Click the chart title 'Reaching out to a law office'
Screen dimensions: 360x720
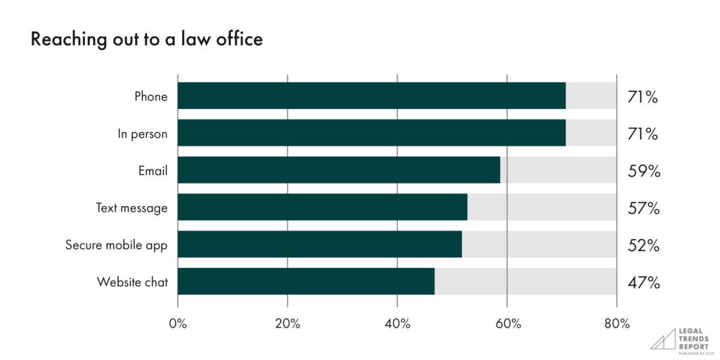(x=146, y=39)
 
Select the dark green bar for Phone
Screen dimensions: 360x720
(x=371, y=96)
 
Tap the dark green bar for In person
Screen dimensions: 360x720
(x=371, y=133)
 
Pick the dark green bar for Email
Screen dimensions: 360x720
(x=338, y=170)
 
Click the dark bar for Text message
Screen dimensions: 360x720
(x=322, y=207)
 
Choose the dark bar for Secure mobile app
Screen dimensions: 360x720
(x=319, y=245)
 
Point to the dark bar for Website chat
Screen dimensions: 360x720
(x=306, y=282)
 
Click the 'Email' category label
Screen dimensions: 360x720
(x=153, y=171)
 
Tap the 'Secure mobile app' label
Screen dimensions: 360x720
(x=117, y=245)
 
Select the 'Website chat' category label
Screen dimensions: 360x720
(x=132, y=283)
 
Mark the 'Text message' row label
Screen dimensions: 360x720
(x=131, y=208)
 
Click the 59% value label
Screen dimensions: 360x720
(x=643, y=171)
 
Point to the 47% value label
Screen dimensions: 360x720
(x=643, y=283)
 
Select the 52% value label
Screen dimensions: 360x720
(x=643, y=245)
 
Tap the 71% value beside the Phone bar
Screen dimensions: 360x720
(x=643, y=96)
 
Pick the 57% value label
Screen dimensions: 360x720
(x=643, y=208)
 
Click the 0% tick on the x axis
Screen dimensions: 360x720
(x=178, y=324)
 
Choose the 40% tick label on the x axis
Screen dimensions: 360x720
(x=397, y=324)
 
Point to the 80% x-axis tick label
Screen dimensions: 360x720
(x=617, y=324)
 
